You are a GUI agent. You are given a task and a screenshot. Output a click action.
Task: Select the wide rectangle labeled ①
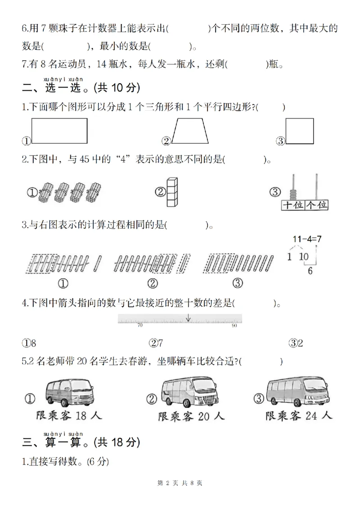pos(60,131)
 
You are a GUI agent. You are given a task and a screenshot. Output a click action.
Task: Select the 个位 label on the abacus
pos(317,205)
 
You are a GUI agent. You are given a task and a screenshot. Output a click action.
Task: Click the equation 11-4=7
pos(307,239)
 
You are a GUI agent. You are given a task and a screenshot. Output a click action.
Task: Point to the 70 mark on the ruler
pos(140,325)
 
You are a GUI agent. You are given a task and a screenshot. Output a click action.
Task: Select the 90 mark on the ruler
pos(234,325)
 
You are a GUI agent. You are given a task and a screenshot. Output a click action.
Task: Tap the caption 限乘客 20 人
pos(191,417)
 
